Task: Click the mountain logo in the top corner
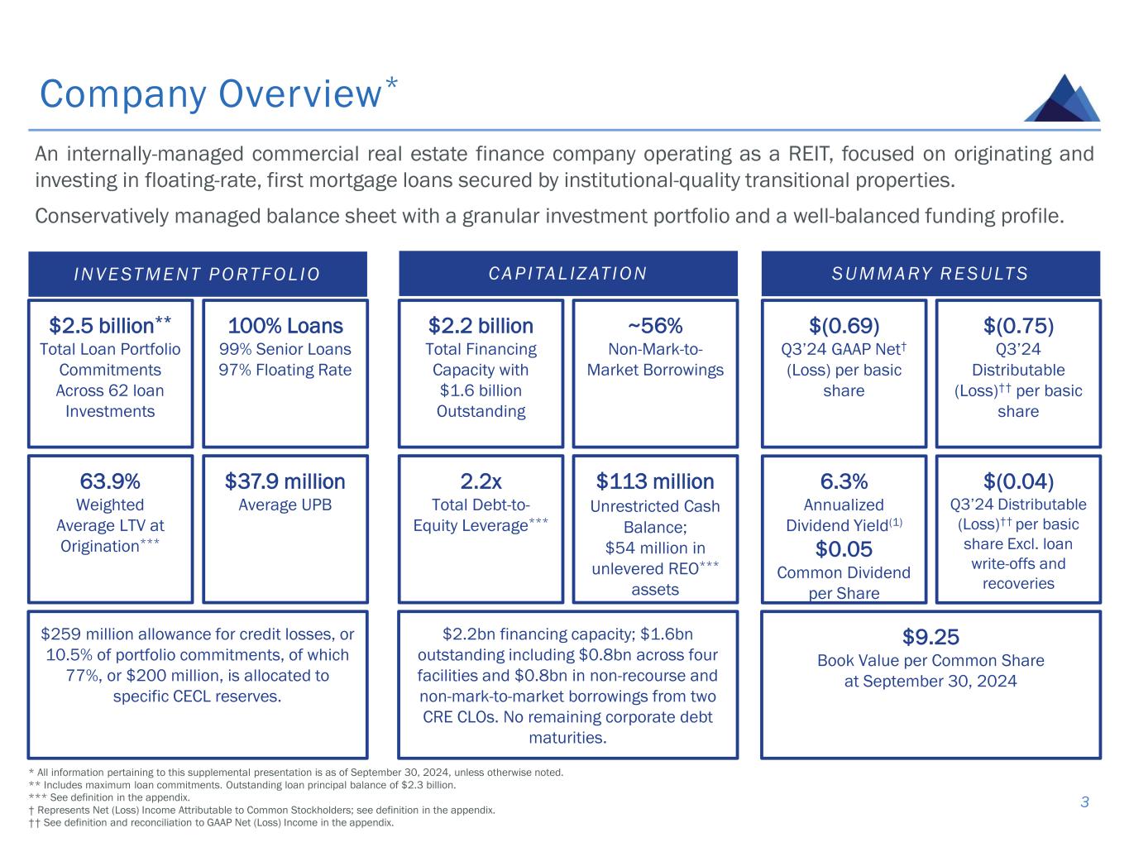(1062, 98)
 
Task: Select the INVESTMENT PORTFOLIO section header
(197, 274)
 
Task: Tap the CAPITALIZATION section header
(567, 273)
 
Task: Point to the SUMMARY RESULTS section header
(930, 273)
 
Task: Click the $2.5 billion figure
(109, 326)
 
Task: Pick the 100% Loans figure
(285, 326)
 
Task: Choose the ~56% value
(654, 326)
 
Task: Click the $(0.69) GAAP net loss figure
(844, 326)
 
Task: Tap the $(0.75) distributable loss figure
(1017, 326)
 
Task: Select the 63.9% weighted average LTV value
(109, 481)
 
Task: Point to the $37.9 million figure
(285, 481)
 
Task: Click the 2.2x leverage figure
(481, 481)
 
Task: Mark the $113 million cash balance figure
(654, 481)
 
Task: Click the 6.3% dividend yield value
(844, 481)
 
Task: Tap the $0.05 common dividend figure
(844, 549)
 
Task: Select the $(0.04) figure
(1017, 481)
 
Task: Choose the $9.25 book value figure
(930, 637)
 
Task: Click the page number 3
(1084, 802)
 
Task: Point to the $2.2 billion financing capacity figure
(481, 326)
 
